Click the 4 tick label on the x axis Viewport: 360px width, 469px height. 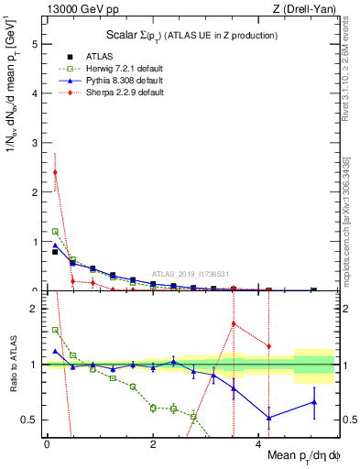coord(255,444)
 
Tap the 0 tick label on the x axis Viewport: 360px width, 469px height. coord(47,444)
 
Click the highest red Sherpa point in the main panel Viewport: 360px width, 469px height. coord(55,172)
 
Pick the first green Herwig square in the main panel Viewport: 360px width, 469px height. coord(55,232)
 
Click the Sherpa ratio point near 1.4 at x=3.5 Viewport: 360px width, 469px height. coord(234,323)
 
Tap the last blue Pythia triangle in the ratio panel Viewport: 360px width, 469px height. coord(314,402)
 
